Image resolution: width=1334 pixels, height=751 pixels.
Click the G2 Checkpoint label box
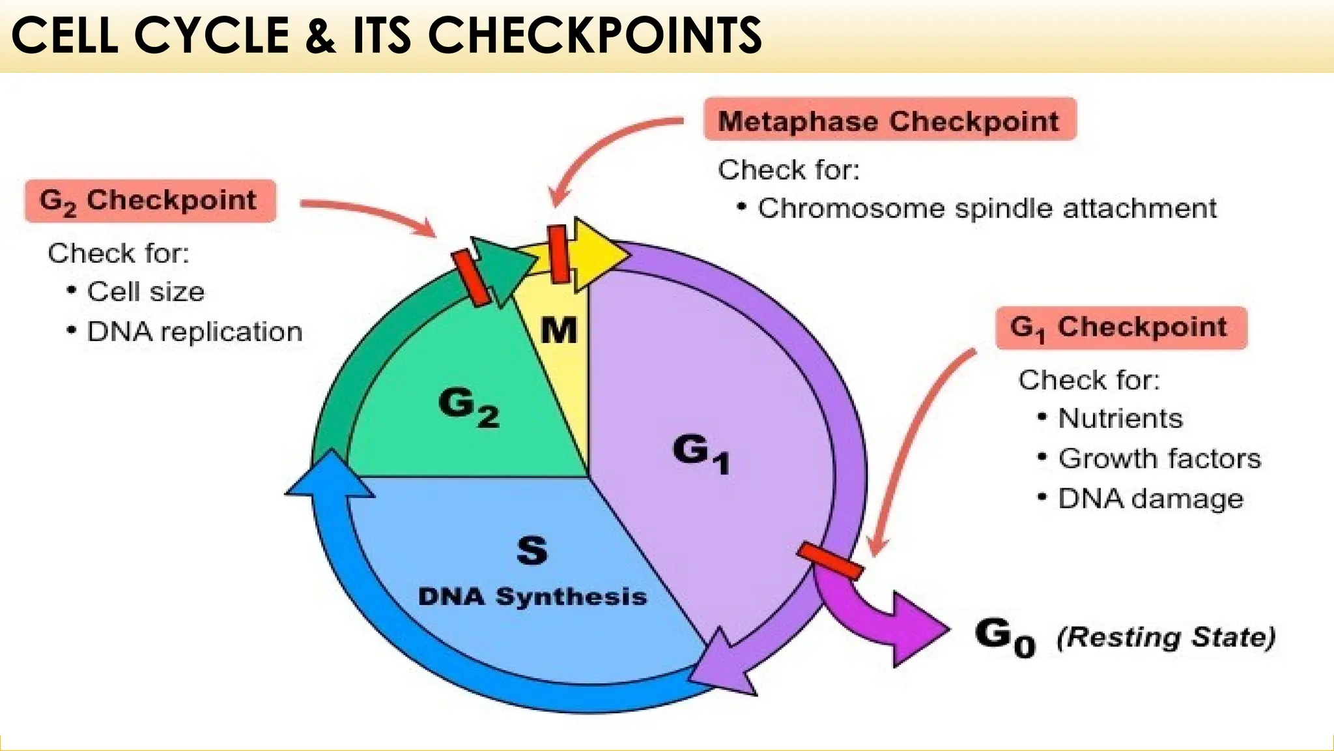150,201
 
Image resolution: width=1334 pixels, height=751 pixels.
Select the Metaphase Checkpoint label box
890,120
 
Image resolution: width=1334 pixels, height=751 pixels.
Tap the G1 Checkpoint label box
1120,327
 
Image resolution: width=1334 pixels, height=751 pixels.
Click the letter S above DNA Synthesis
532,550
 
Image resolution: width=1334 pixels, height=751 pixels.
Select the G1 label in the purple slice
700,452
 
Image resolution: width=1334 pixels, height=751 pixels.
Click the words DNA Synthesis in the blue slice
532,596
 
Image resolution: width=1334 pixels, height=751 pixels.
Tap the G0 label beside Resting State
1005,636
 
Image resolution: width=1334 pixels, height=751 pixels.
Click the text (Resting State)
1165,637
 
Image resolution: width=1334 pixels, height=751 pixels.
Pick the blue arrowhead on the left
330,476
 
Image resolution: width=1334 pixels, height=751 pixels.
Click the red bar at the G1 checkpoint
830,561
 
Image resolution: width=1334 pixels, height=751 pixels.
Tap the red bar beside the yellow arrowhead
558,254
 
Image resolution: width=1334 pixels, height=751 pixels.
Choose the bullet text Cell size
145,291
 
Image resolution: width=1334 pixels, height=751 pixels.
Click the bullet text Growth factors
1159,458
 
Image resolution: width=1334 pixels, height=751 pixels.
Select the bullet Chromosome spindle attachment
986,209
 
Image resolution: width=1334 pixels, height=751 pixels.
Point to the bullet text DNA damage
1150,499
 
